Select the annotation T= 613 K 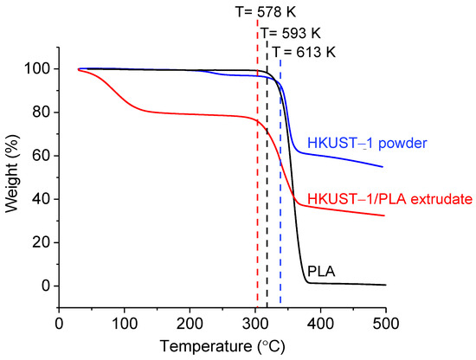click(304, 52)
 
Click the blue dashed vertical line click(280, 216)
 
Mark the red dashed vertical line click(257, 216)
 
